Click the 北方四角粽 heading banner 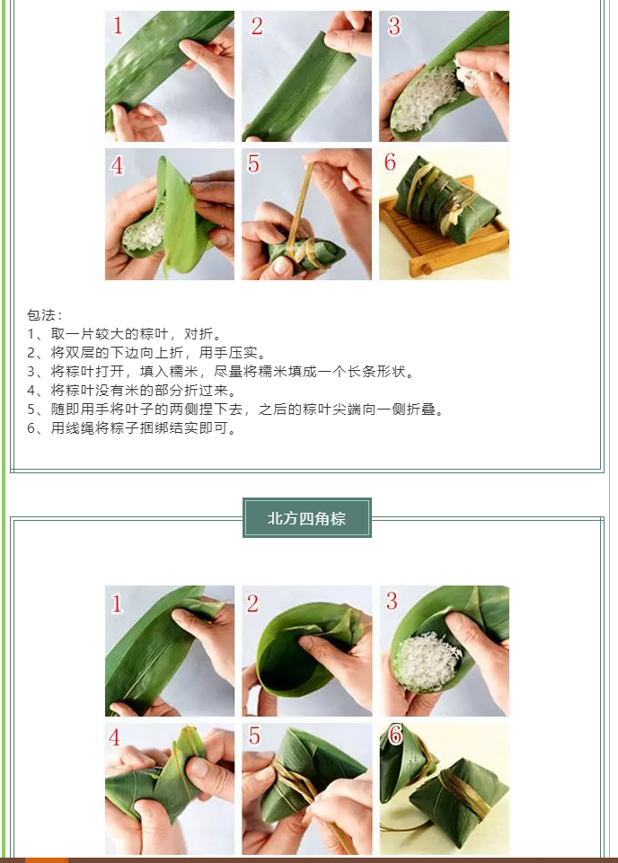(x=307, y=517)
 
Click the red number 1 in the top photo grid (x=118, y=26)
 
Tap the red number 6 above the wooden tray (x=390, y=162)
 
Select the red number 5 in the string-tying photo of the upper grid (x=253, y=163)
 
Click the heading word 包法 (x=41, y=315)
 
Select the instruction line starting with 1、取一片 (x=125, y=334)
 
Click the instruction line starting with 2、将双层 (x=147, y=353)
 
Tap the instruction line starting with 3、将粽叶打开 (x=221, y=372)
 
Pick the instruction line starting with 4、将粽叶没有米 (x=132, y=391)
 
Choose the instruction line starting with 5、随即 (x=236, y=409)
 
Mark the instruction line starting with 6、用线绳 (x=132, y=427)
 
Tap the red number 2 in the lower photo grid (x=252, y=603)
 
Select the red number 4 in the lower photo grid (x=114, y=737)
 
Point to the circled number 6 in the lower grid (x=395, y=735)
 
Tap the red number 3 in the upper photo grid (x=393, y=26)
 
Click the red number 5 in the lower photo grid (x=254, y=735)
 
